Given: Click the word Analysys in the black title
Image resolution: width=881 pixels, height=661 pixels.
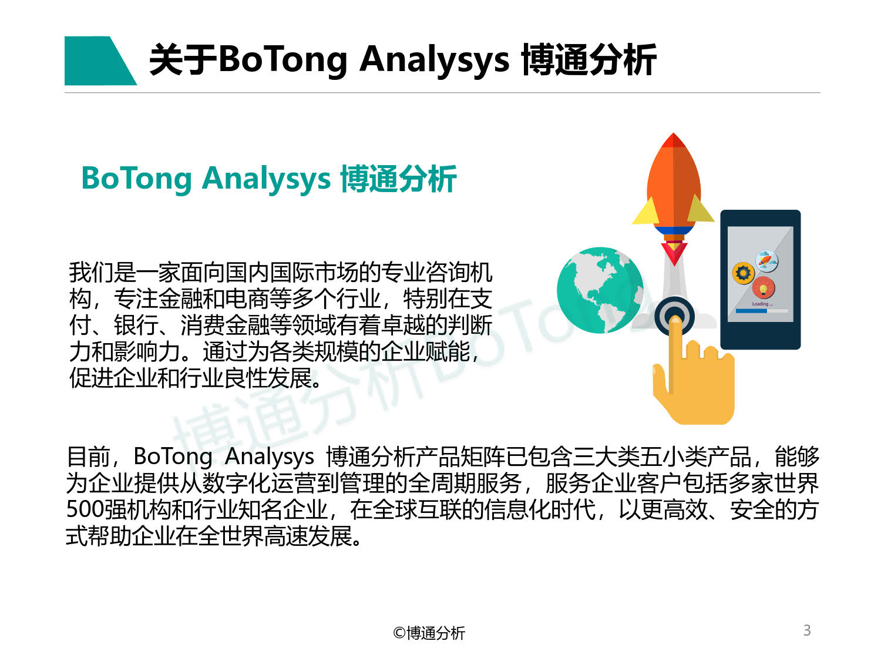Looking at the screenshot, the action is (434, 60).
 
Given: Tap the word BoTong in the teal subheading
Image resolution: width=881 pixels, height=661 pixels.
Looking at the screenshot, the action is (136, 179).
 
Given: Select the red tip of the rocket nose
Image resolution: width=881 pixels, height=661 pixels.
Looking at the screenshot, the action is (674, 140).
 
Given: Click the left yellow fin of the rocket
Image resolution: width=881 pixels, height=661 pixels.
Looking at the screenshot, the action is (646, 211).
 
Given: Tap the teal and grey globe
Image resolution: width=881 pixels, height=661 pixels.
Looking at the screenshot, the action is (600, 290).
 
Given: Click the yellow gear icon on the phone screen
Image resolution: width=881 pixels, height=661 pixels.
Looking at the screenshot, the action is (743, 273).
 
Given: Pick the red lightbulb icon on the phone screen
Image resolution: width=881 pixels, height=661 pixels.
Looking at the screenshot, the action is (764, 288).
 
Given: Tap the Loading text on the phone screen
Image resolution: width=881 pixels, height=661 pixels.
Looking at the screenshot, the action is (761, 304).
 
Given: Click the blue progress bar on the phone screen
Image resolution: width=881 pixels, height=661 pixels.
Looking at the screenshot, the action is (751, 311).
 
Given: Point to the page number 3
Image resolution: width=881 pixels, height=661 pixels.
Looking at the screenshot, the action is (807, 630).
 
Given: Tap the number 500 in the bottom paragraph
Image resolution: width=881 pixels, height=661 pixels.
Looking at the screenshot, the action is (85, 509).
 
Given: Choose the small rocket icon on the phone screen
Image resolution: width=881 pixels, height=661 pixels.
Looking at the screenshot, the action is (766, 260).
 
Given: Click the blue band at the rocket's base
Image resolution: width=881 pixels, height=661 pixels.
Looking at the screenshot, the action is (674, 230).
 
